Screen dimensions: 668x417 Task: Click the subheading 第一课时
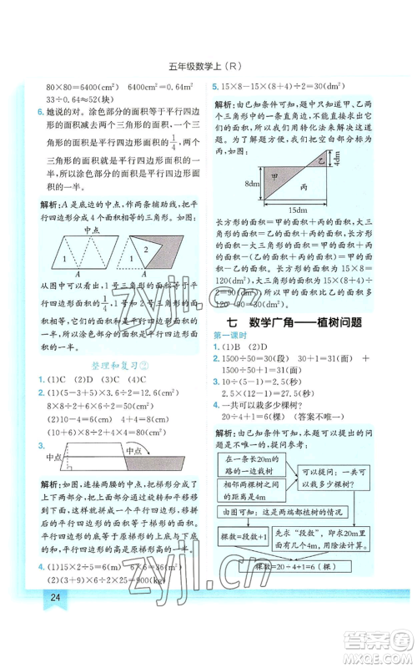coord(231,335)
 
